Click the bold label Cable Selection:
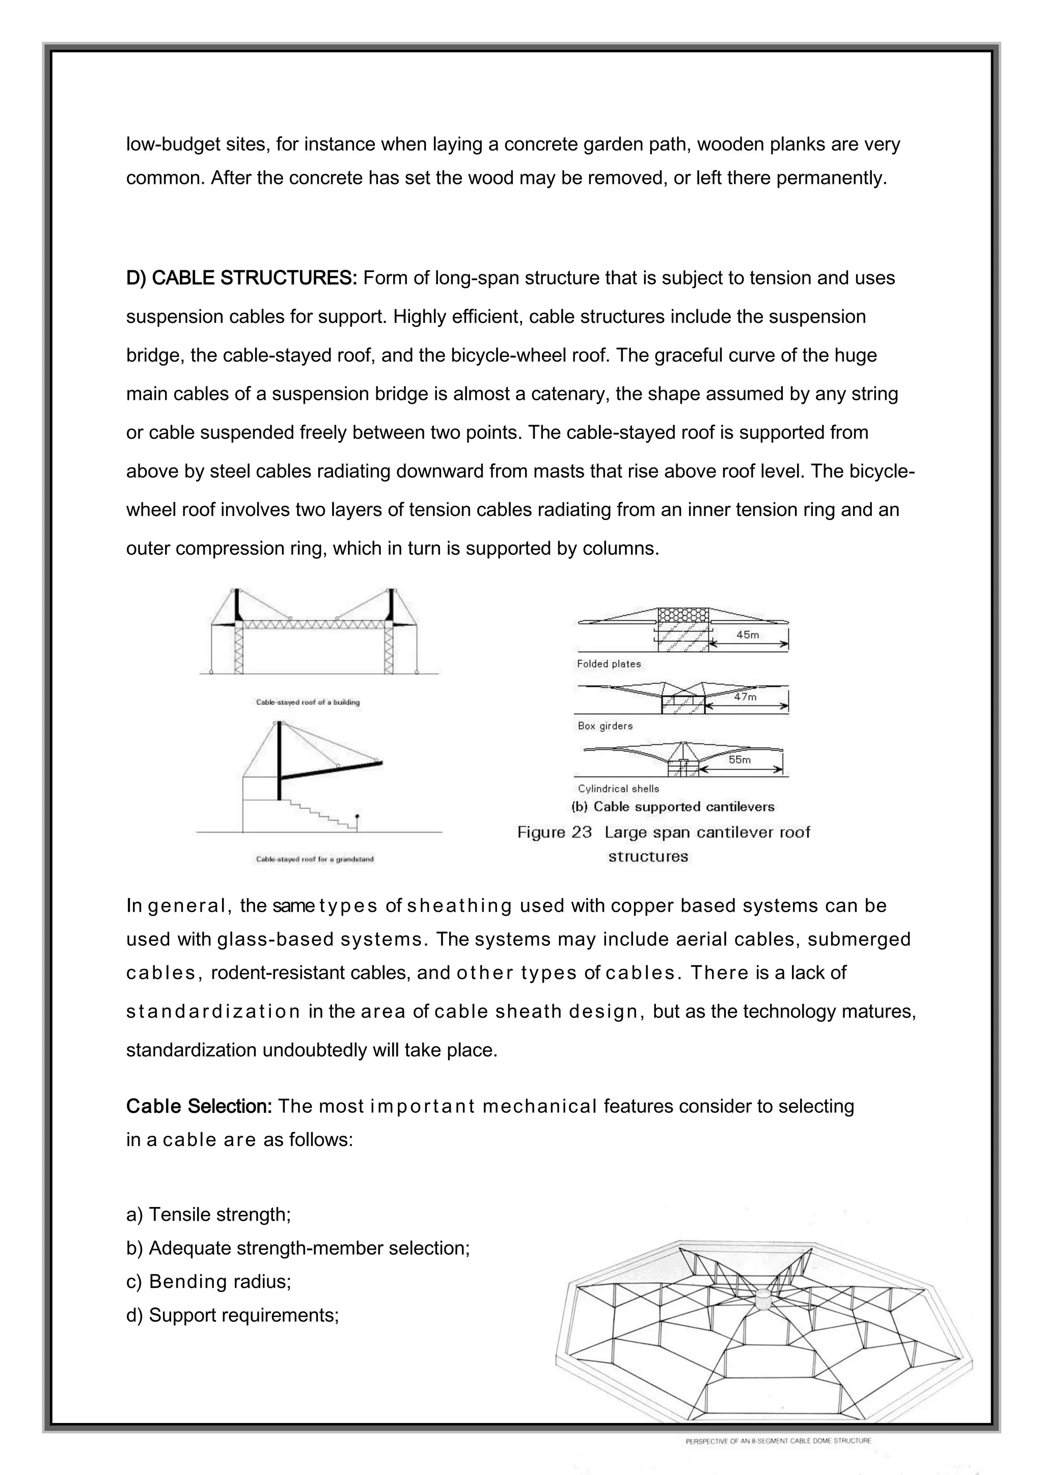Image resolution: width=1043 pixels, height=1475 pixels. click(x=199, y=1106)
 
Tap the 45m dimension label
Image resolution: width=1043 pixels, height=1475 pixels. click(x=748, y=635)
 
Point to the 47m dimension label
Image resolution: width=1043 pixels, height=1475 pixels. click(x=745, y=697)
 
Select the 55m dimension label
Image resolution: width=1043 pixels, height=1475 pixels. click(x=739, y=759)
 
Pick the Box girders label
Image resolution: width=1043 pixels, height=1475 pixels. click(x=605, y=726)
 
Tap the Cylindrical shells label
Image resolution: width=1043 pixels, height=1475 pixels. click(x=618, y=788)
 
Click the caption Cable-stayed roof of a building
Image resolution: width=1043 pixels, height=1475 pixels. click(x=308, y=702)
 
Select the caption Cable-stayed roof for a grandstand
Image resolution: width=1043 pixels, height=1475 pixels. click(x=315, y=859)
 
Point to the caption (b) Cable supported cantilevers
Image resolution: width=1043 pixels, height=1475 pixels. click(x=673, y=807)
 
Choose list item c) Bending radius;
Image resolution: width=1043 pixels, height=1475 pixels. click(x=209, y=1281)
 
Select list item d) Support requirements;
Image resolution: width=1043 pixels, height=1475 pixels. click(x=233, y=1315)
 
